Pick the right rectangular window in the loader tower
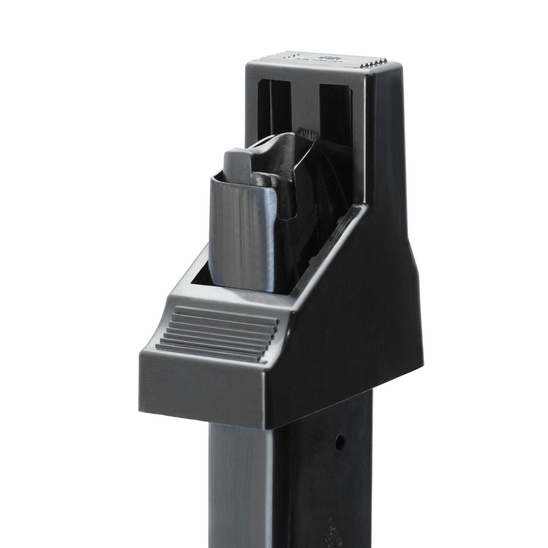(x=335, y=112)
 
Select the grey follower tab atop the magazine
(x=237, y=165)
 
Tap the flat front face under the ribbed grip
(x=203, y=389)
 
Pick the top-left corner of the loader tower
(x=249, y=65)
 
